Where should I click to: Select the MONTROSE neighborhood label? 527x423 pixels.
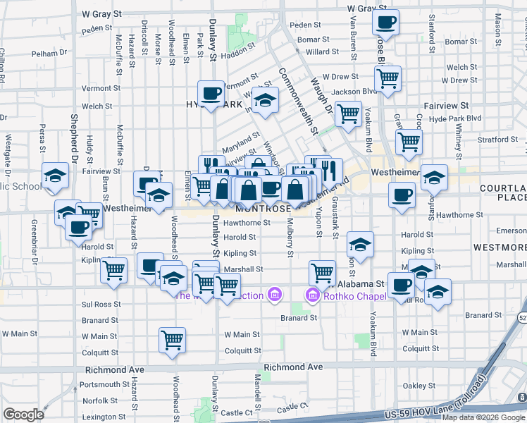pyautogui.click(x=263, y=209)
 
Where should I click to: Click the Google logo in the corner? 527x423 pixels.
pyautogui.click(x=23, y=415)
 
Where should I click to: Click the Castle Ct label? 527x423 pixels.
pyautogui.click(x=293, y=408)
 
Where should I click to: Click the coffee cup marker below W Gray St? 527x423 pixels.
pyautogui.click(x=385, y=23)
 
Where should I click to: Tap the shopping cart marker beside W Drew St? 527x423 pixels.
pyautogui.click(x=387, y=79)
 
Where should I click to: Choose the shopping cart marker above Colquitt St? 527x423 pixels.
pyautogui.click(x=172, y=341)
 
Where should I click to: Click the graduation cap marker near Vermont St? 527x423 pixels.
pyautogui.click(x=266, y=104)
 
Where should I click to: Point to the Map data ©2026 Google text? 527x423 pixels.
pyautogui.click(x=483, y=417)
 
